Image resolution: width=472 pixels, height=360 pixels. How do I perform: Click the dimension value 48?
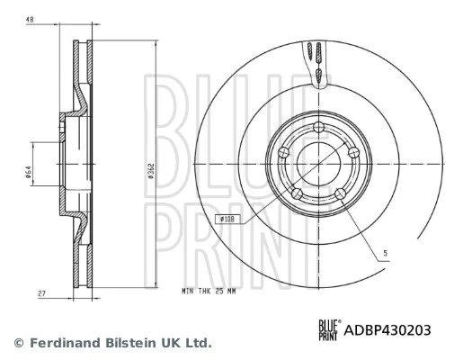pyautogui.click(x=30, y=18)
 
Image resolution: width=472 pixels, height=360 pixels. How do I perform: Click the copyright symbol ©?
pyautogui.click(x=17, y=343)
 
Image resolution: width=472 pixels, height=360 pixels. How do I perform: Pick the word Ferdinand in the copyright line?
pyautogui.click(x=60, y=343)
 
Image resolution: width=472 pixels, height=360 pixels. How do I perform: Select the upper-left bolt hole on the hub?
pyautogui.click(x=283, y=151)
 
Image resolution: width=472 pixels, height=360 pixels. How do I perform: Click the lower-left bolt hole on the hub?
pyautogui.click(x=297, y=192)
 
